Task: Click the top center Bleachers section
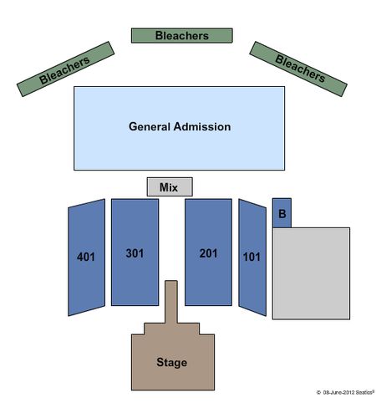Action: [x=182, y=35]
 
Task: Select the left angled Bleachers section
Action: [x=65, y=69]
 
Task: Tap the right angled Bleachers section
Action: [x=298, y=69]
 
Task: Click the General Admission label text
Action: [x=180, y=127]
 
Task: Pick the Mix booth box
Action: [x=170, y=186]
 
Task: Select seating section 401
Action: [x=87, y=257]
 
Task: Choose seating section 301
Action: [x=135, y=252]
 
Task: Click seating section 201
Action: [x=208, y=252]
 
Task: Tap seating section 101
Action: [x=252, y=257]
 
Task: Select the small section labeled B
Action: [x=282, y=213]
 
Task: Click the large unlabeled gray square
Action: [x=311, y=273]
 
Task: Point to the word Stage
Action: [x=172, y=362]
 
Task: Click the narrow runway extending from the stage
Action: [x=171, y=302]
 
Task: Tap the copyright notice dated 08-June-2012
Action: [x=345, y=392]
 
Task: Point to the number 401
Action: [x=86, y=257]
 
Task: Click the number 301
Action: [x=135, y=253]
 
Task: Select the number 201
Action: [x=208, y=253]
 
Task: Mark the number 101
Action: [x=252, y=257]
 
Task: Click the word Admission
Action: [x=202, y=127]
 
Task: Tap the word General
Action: [x=150, y=127]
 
